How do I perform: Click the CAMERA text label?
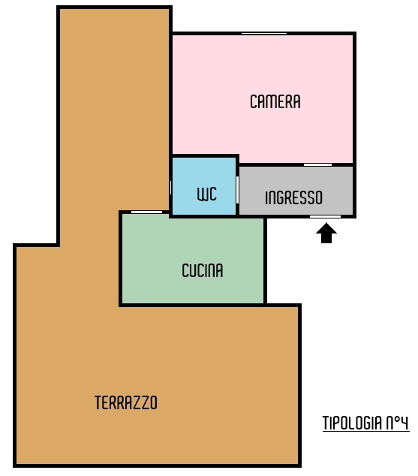coord(275,101)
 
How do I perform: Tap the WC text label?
coord(207,194)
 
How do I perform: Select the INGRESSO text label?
coord(293,197)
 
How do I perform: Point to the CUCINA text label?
coord(203,270)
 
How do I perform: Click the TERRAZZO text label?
coord(126,402)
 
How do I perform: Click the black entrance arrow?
coord(326,233)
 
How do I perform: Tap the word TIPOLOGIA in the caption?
coord(353,423)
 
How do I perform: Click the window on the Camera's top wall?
coord(264,33)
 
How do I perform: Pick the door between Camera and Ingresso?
coord(317,165)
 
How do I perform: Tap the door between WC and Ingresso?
coord(237,190)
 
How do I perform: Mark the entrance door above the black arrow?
coord(325,216)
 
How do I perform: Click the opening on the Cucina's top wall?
coord(146,212)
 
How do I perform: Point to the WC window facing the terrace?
coord(170,188)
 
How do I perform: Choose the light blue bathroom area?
coord(204,185)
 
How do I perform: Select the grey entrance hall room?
coord(296,191)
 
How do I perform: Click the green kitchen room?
coord(193,260)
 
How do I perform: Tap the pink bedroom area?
coord(263,97)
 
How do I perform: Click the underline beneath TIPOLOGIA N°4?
coord(365,431)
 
